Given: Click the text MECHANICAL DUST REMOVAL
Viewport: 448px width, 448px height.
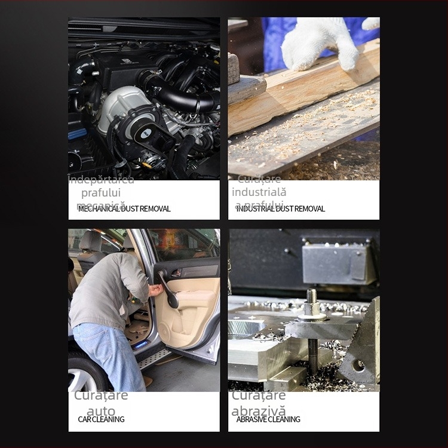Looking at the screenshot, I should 124,208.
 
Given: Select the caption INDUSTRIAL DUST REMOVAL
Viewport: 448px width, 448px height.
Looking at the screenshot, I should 281,208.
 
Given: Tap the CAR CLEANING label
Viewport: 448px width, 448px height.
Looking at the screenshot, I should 102,419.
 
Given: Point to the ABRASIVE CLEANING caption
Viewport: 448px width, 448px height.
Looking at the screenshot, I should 268,419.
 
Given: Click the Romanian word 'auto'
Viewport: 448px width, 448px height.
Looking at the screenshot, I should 101,410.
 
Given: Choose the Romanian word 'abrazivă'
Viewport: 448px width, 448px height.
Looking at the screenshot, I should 259,410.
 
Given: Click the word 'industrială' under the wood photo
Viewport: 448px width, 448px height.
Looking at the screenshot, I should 259,192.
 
